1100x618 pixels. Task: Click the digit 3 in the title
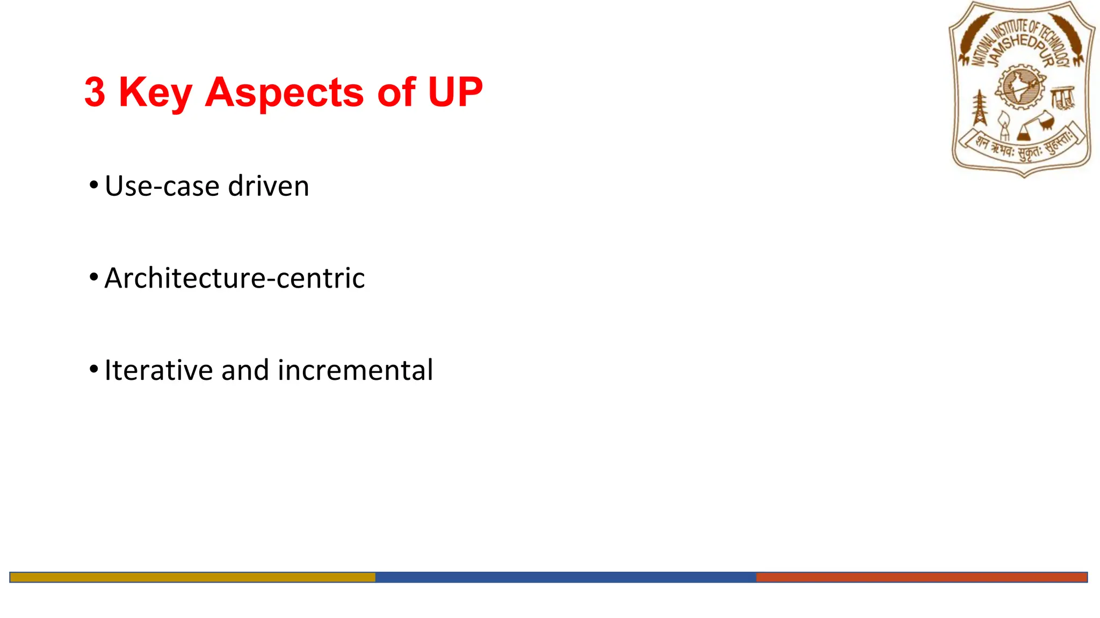point(95,92)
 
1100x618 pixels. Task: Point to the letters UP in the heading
point(455,92)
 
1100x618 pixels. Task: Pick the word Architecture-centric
point(234,278)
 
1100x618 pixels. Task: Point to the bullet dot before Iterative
point(94,370)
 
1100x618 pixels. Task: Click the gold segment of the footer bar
point(192,577)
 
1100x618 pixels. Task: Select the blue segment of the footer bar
point(565,577)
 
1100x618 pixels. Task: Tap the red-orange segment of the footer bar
point(921,577)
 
